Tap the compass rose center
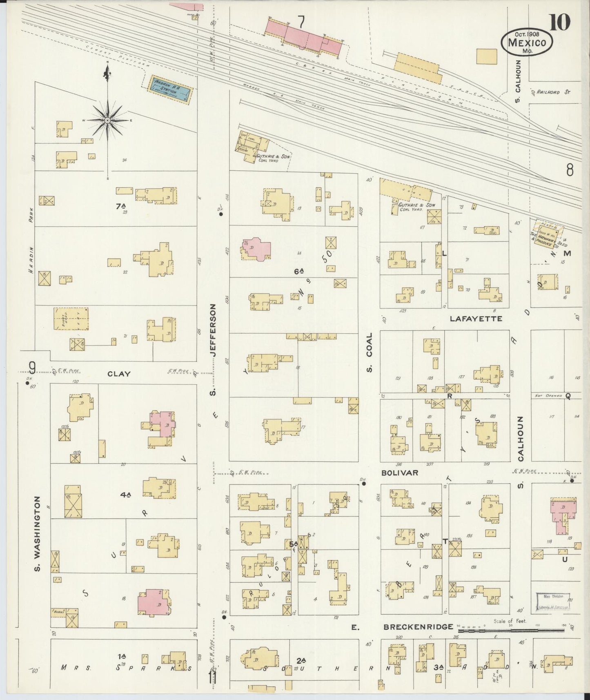click(x=107, y=120)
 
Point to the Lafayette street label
click(x=476, y=319)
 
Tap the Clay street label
click(x=119, y=373)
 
